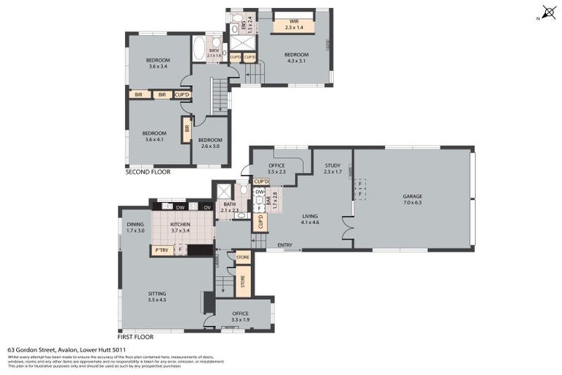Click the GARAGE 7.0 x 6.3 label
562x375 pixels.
412,199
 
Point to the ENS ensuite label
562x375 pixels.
250,25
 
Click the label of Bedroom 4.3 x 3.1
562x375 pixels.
296,57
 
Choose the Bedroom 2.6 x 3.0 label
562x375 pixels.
210,142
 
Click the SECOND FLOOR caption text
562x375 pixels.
148,172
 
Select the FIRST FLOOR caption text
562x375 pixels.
135,337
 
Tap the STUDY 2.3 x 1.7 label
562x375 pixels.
333,168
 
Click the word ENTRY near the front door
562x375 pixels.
285,245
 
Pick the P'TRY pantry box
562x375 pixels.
161,250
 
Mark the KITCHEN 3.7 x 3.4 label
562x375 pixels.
180,227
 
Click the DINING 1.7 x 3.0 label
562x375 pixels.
135,227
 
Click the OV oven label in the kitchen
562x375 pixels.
207,207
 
